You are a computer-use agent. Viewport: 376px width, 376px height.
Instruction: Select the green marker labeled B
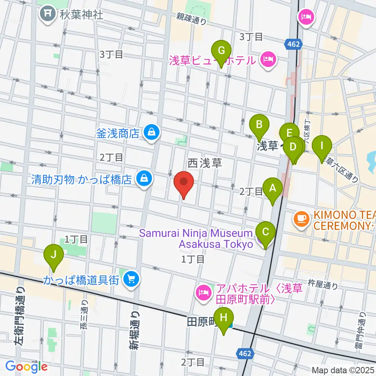259,125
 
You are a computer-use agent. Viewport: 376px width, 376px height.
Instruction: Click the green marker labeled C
266,232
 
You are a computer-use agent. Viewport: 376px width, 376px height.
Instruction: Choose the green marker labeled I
322,146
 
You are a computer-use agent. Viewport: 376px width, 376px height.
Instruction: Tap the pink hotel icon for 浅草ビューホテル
268,60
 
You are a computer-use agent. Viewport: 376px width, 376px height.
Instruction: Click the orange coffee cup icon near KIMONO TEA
301,217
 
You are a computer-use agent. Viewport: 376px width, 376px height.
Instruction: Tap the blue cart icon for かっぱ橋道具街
130,279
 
